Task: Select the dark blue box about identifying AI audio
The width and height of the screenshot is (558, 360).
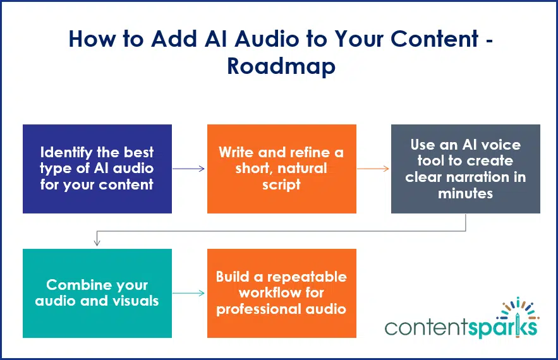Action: click(97, 169)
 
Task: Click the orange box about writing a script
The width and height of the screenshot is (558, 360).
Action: click(281, 169)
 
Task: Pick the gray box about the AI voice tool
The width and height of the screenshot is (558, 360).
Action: click(465, 169)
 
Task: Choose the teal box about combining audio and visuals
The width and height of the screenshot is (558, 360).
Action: click(97, 293)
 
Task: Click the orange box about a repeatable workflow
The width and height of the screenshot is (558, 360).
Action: click(281, 293)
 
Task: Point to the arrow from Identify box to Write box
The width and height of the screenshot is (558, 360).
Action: click(188, 169)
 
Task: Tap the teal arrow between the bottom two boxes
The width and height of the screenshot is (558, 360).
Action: click(188, 293)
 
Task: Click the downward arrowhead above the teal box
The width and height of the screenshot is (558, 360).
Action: click(97, 243)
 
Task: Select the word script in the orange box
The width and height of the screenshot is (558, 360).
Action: click(281, 185)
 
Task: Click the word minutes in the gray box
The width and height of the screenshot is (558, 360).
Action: click(465, 193)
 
